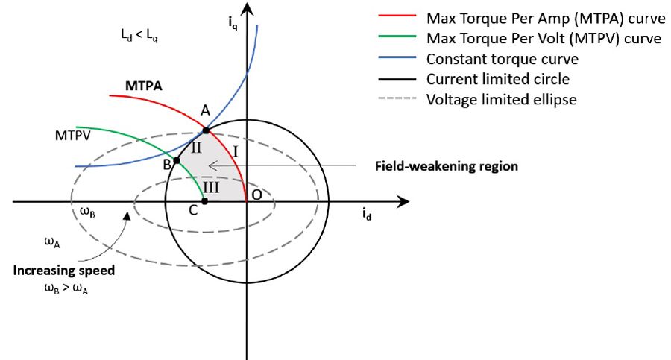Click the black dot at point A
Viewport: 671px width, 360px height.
[205, 130]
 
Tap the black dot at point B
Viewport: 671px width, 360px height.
[177, 161]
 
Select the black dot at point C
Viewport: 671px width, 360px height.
[204, 201]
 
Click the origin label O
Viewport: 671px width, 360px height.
[256, 195]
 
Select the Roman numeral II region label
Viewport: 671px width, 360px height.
[197, 148]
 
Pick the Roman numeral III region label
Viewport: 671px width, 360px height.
[211, 186]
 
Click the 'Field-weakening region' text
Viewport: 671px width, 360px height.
[445, 166]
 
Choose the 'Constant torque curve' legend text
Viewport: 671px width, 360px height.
[498, 58]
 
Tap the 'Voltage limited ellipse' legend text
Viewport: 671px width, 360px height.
[501, 98]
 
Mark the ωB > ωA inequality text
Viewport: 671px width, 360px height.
[64, 289]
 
